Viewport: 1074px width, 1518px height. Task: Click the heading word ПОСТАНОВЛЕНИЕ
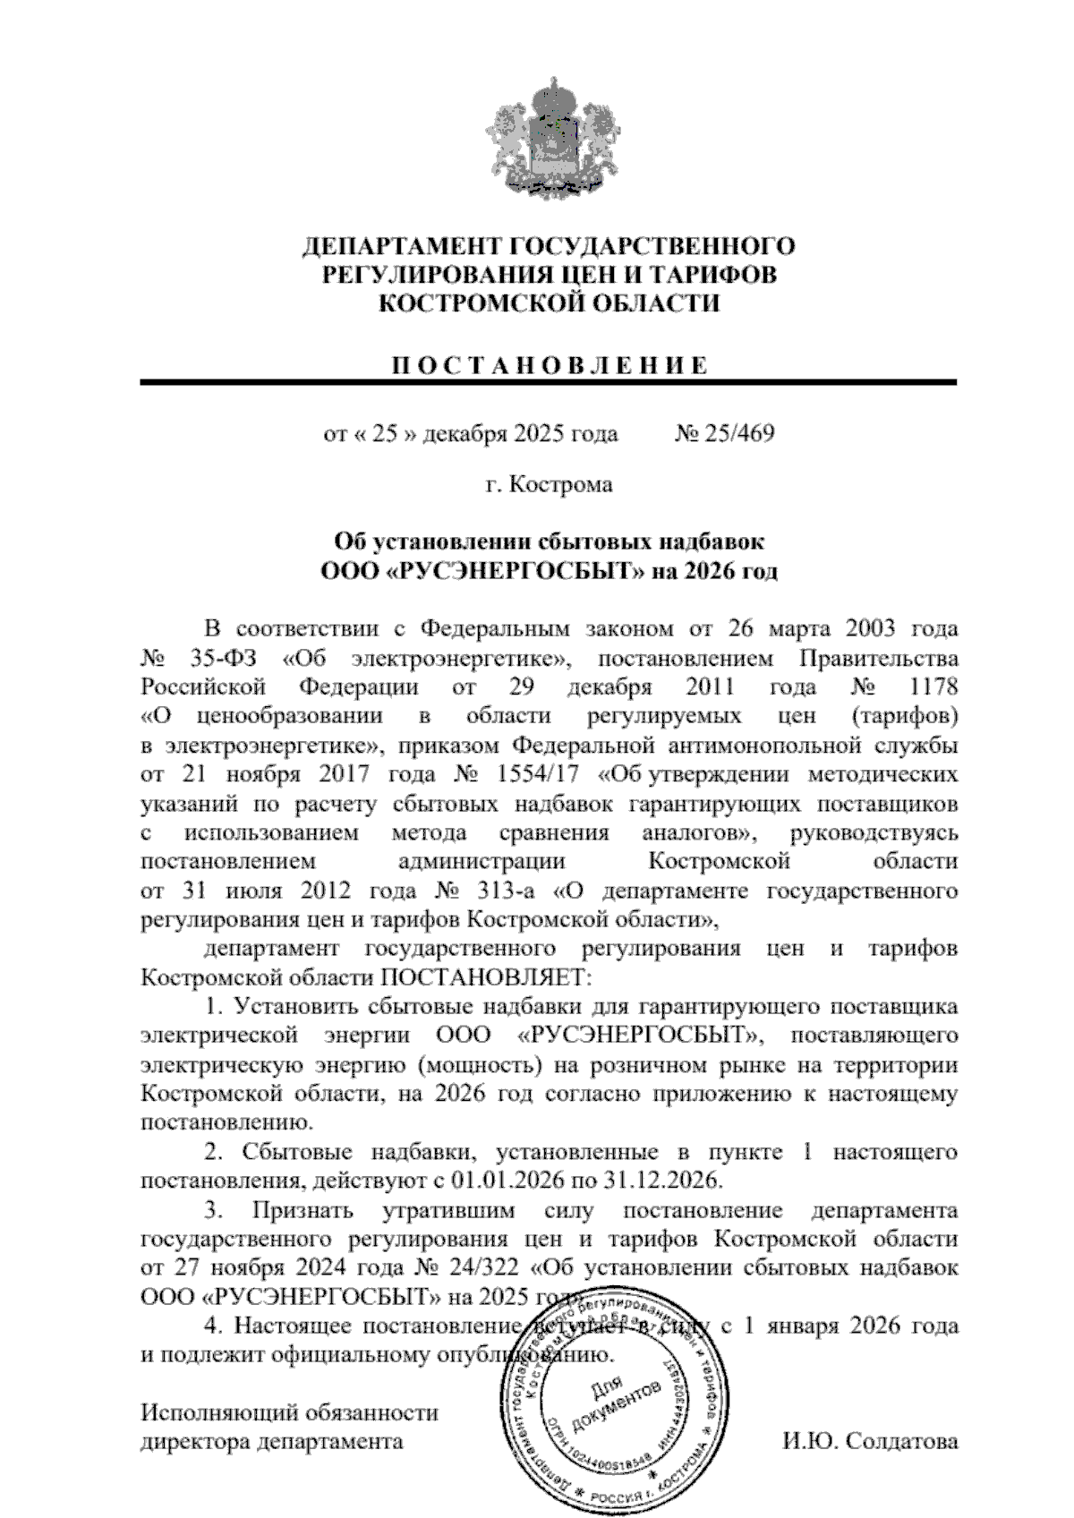pos(549,365)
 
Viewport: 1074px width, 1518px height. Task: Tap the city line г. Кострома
pos(549,485)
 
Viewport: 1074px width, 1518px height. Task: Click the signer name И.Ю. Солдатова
pos(869,1442)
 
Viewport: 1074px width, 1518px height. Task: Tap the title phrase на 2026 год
pos(714,570)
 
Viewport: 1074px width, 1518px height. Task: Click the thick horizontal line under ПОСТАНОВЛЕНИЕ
pos(549,383)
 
